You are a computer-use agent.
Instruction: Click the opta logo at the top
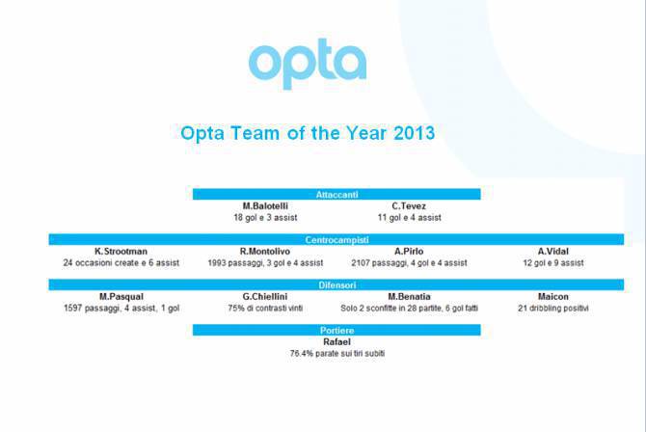click(308, 64)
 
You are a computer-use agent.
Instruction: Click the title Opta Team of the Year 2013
click(308, 133)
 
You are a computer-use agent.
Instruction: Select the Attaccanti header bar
click(336, 194)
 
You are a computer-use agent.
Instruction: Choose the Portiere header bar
click(336, 330)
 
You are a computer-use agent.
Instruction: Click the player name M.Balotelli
click(265, 206)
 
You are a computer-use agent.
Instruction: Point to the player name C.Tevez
click(410, 206)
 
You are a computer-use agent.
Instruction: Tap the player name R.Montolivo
click(265, 251)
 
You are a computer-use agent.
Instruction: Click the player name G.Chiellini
click(265, 296)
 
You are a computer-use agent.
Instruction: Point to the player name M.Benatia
click(410, 296)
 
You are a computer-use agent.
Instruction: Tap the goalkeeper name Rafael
click(336, 341)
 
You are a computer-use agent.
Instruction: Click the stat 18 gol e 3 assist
click(265, 218)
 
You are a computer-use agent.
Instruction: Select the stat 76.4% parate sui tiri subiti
click(336, 353)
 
